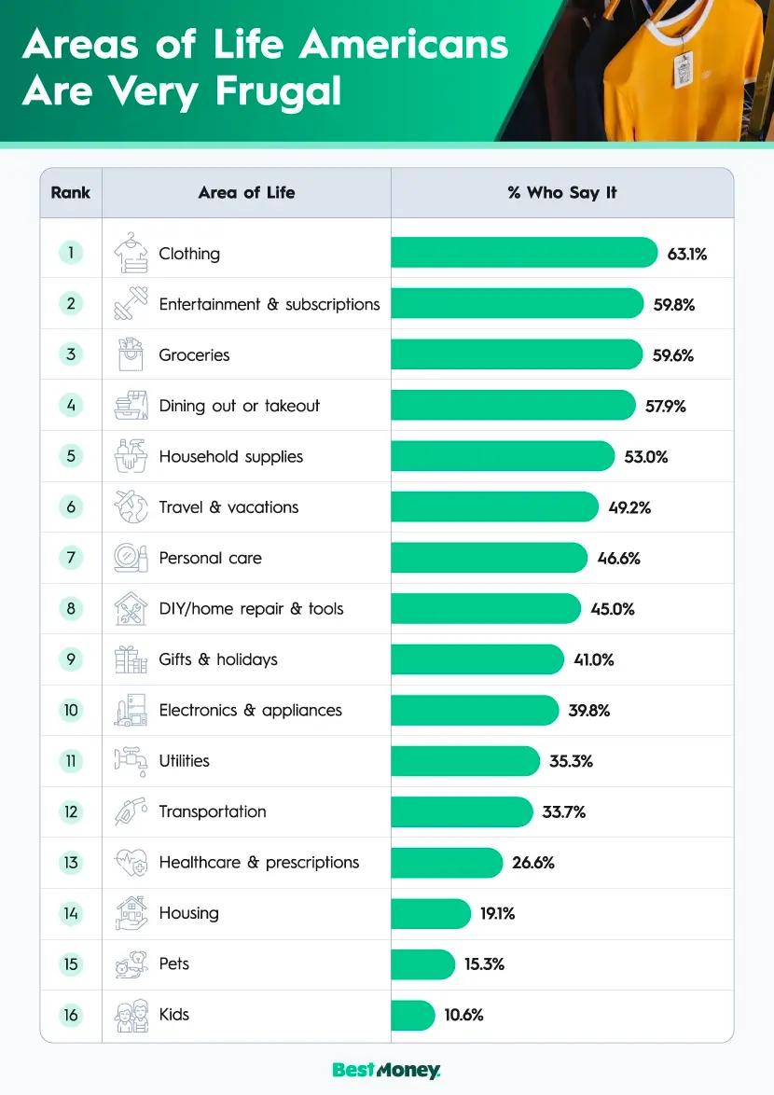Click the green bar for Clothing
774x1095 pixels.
click(x=524, y=253)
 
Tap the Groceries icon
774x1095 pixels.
click(x=131, y=354)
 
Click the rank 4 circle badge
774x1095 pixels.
click(x=71, y=406)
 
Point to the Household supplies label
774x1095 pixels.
click(x=230, y=456)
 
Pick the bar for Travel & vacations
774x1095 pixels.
click(x=494, y=506)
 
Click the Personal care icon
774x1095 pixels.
click(x=131, y=558)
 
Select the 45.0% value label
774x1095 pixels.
click(x=613, y=609)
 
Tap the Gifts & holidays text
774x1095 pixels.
click(x=218, y=659)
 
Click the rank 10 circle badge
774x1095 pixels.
click(x=71, y=710)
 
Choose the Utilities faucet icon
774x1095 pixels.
click(x=131, y=761)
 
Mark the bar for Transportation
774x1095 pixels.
click(x=462, y=811)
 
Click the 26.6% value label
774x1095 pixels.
click(x=532, y=863)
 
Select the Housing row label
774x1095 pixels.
click(x=188, y=913)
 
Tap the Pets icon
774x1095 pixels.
click(x=131, y=964)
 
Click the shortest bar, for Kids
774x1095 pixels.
click(x=412, y=1015)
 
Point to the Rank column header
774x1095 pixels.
click(x=71, y=193)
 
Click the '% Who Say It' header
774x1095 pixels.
click(x=561, y=193)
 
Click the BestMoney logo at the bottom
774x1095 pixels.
click(x=386, y=1071)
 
